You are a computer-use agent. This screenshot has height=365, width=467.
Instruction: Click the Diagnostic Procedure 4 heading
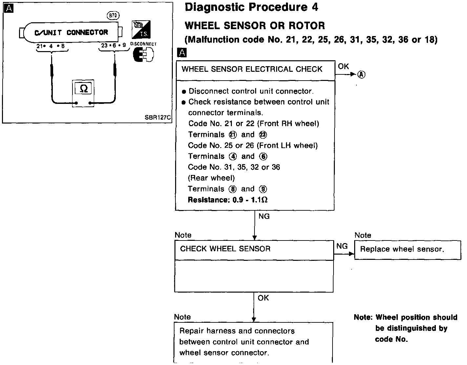[251, 8]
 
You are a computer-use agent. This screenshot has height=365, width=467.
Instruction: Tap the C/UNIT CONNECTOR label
[71, 32]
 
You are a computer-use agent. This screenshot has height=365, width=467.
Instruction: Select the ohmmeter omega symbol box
[84, 89]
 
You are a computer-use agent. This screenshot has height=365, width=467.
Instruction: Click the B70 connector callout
[113, 15]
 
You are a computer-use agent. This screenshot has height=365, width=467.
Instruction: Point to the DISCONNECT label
[143, 44]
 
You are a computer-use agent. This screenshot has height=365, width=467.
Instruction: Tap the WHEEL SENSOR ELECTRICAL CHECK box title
[252, 69]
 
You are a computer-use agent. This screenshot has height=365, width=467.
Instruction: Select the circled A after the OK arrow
[361, 75]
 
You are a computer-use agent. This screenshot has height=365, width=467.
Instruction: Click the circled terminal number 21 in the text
[233, 135]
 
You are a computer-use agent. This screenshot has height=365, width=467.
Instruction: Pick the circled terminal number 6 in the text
[263, 157]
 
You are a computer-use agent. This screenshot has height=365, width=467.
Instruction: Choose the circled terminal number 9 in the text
[263, 189]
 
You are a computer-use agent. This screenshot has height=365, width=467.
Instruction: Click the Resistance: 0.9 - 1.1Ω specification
[227, 200]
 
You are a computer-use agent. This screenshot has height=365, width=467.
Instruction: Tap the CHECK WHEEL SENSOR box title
[225, 249]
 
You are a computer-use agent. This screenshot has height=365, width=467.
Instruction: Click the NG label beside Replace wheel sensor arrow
[342, 246]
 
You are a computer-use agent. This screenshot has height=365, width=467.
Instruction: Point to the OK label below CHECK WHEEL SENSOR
[263, 298]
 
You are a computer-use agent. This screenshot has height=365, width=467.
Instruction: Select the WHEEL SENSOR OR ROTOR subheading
[255, 26]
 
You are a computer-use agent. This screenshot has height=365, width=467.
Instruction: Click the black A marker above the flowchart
[182, 52]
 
